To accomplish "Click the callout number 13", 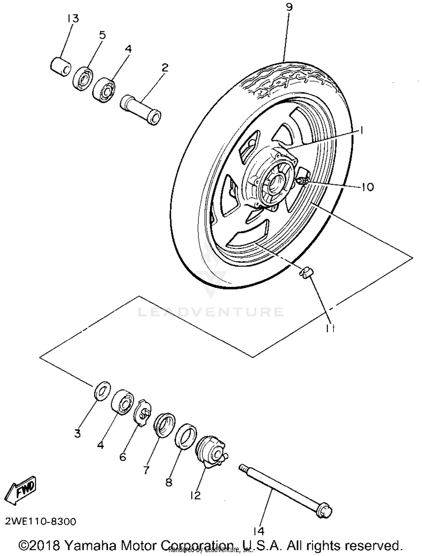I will pos(73,19).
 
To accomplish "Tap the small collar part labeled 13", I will pos(61,67).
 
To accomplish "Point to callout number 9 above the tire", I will pos(289,7).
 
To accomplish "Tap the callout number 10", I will pos(367,187).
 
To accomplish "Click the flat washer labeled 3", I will pos(102,391).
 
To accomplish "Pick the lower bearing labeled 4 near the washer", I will pos(122,402).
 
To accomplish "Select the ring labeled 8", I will pos(185,436).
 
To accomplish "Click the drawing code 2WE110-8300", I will pos(41,522).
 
